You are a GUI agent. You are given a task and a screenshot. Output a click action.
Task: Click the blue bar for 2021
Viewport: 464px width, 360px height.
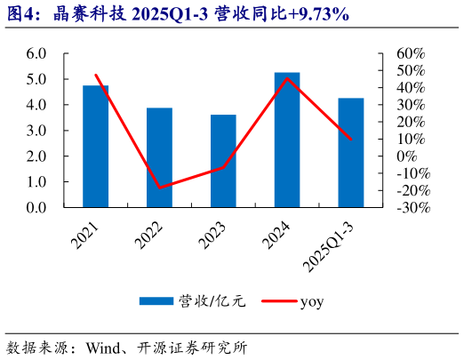tap(95, 147)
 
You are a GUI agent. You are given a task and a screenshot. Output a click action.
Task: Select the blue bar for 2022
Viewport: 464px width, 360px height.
tap(159, 158)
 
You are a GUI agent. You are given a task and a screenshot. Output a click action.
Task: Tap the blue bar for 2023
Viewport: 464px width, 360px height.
tap(223, 162)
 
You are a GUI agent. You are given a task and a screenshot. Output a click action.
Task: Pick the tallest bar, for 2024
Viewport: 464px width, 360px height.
tap(287, 140)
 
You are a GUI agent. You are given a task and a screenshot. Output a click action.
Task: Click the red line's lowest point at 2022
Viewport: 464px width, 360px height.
tap(159, 188)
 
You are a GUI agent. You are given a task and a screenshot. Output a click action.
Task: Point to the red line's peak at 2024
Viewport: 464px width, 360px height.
tap(287, 78)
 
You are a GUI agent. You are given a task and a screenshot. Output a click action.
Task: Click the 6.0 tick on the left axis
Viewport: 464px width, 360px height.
tap(36, 53)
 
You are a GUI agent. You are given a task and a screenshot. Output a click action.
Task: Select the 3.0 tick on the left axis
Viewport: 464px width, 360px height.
tap(36, 131)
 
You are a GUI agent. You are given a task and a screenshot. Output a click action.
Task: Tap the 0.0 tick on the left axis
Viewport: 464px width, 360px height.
tap(36, 208)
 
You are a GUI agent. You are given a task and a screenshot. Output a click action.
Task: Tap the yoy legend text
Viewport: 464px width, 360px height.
tap(311, 301)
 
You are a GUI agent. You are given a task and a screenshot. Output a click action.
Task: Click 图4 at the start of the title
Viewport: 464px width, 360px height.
tap(20, 14)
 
